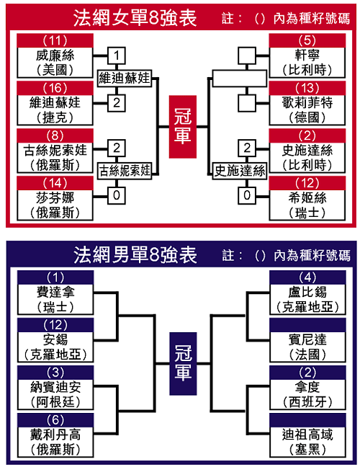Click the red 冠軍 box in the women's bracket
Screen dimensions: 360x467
coord(182,127)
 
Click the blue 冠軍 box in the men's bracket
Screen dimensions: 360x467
coord(183,364)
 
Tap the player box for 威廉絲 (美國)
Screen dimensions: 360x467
coord(55,63)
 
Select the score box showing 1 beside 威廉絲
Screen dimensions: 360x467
coord(117,55)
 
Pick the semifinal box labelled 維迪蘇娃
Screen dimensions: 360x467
coord(125,79)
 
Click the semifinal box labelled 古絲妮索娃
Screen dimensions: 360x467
coord(125,171)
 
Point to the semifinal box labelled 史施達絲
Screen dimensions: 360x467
coord(240,171)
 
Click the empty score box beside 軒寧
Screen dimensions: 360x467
coord(247,55)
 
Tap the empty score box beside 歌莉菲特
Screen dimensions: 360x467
coord(247,103)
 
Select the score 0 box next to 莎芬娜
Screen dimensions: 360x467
coord(117,195)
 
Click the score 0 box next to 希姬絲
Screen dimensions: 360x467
coord(247,195)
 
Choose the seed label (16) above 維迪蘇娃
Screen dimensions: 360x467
coord(55,88)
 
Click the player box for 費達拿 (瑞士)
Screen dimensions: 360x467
coord(55,300)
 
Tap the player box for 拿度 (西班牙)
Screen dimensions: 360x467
coord(307,395)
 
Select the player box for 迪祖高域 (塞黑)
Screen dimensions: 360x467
coord(307,442)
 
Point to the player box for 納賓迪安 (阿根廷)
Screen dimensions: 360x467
coord(55,395)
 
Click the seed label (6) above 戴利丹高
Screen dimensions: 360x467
coord(55,420)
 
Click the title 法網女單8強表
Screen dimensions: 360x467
coord(135,18)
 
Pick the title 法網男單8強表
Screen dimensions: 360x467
coord(135,255)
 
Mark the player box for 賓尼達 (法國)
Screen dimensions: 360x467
coord(307,347)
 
